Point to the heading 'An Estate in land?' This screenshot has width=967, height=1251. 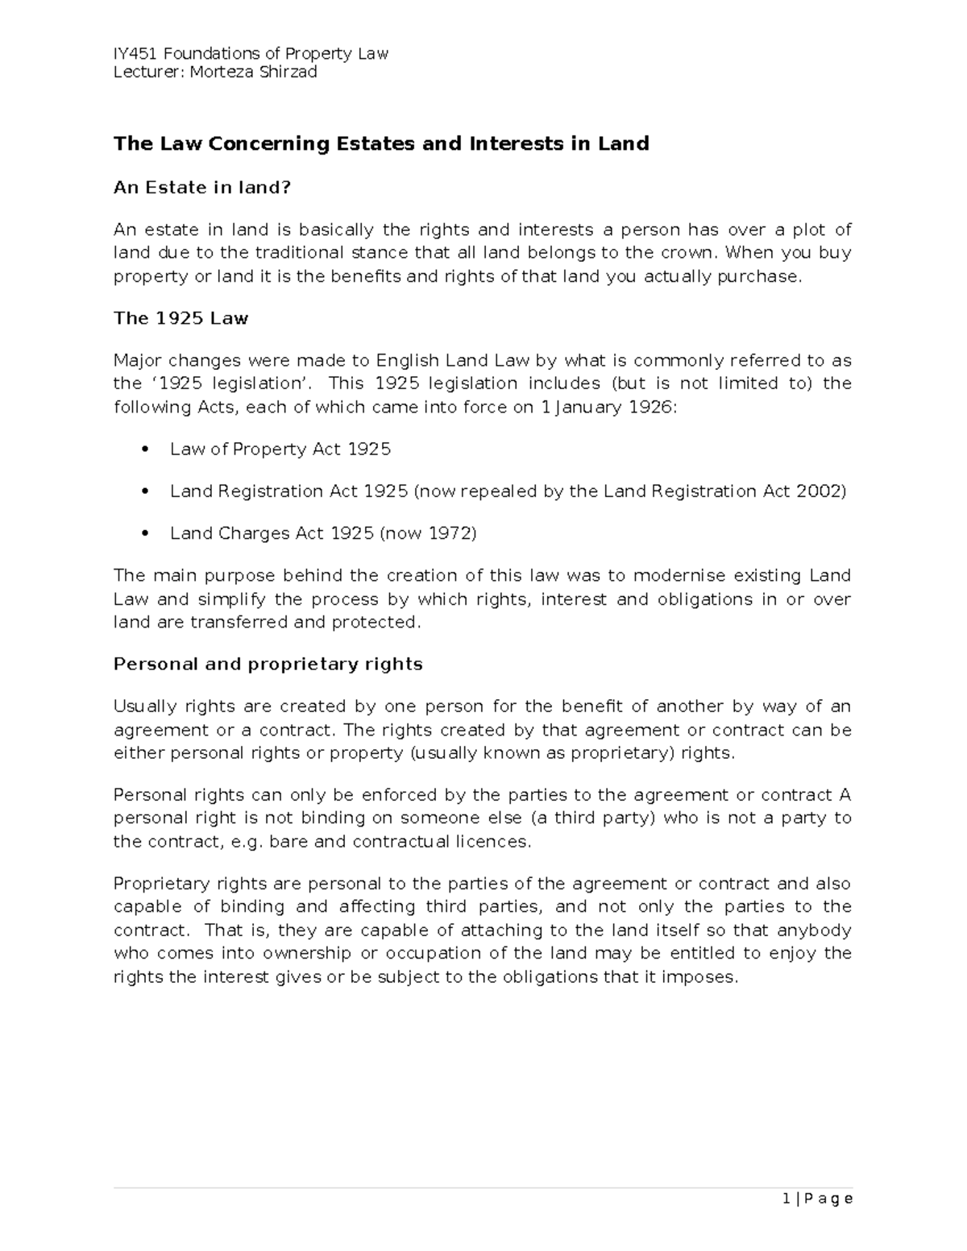coord(201,188)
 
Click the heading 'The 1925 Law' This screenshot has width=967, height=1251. coord(181,318)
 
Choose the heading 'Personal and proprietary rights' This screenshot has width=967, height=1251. coord(268,665)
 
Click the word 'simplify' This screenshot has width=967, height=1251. coord(231,599)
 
